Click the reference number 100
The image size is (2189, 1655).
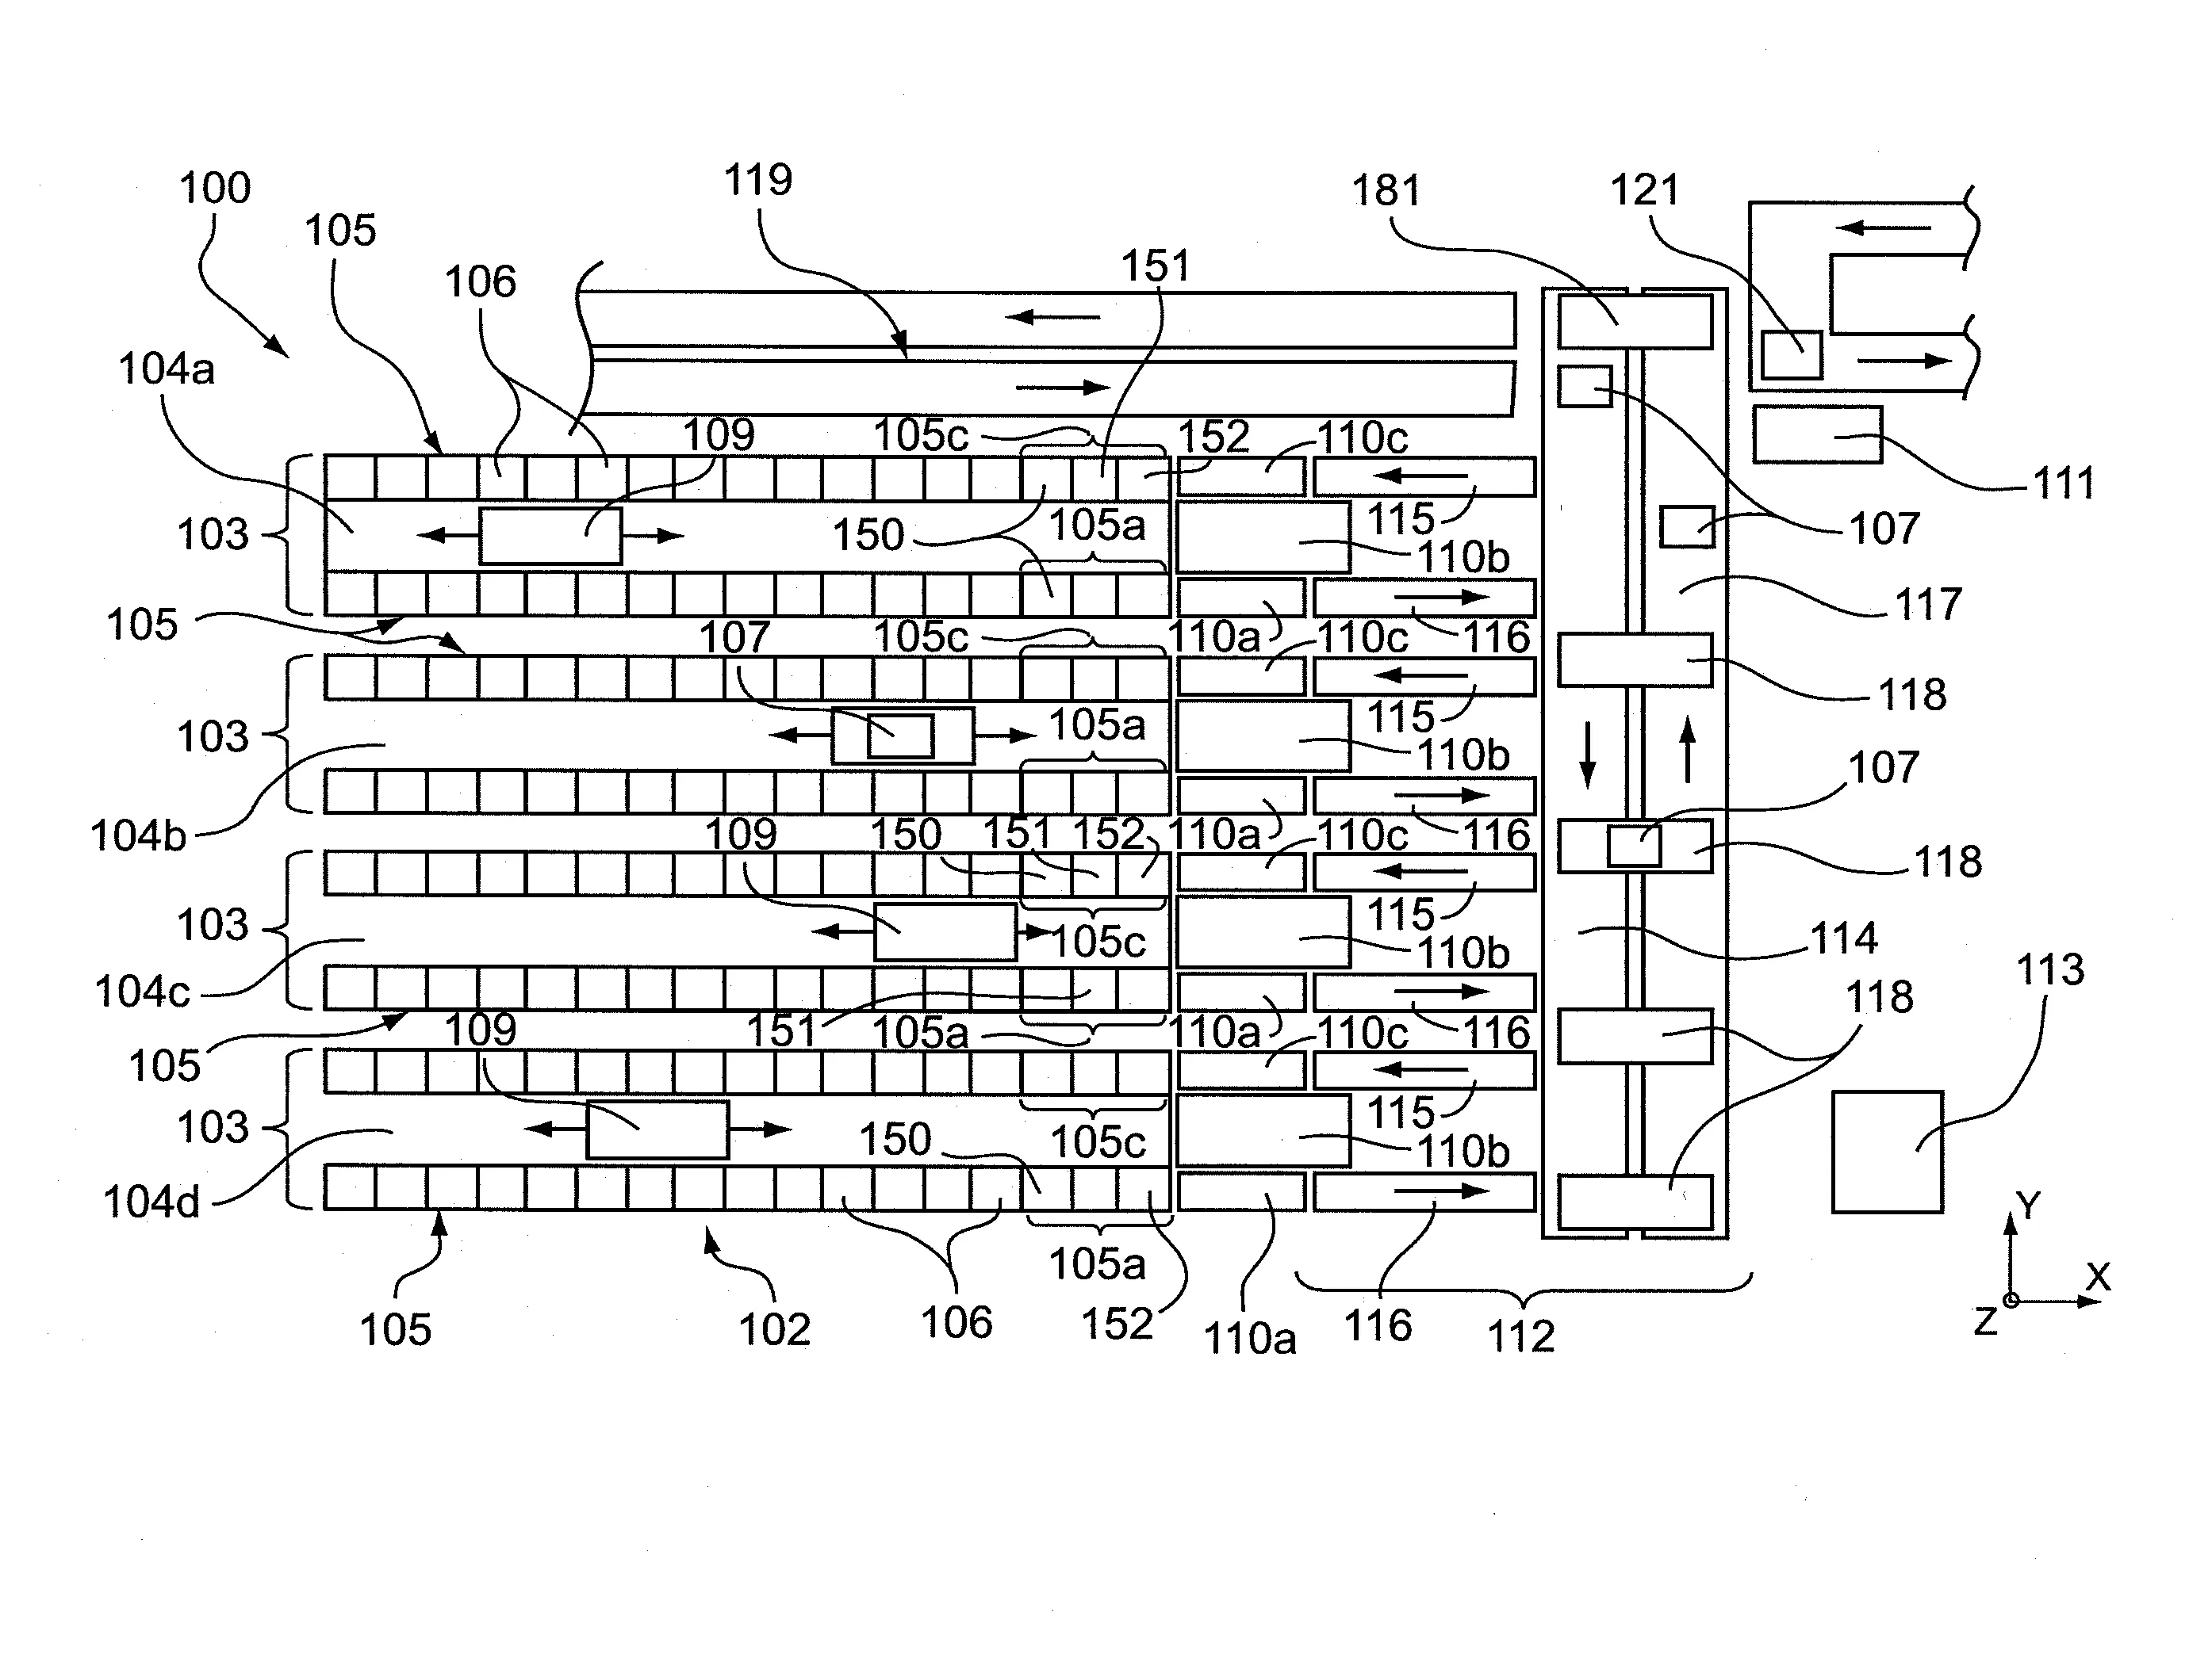click(215, 188)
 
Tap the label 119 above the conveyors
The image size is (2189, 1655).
click(758, 180)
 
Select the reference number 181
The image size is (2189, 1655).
click(1386, 190)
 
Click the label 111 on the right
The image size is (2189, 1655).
click(2064, 484)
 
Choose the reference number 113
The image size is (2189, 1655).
click(2050, 969)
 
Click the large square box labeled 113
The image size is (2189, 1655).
click(1887, 1152)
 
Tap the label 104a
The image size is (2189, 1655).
click(167, 369)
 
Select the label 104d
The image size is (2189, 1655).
click(151, 1202)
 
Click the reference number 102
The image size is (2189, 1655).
click(775, 1329)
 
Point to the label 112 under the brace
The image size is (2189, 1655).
click(1521, 1336)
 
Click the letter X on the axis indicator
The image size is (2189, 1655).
click(2098, 1277)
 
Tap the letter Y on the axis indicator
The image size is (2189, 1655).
click(2029, 1206)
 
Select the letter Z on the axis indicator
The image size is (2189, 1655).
click(1985, 1321)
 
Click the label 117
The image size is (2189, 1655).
click(1928, 605)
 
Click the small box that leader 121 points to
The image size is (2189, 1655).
click(1791, 354)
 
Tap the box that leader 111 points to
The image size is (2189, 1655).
click(1817, 434)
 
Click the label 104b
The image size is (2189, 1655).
click(139, 836)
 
